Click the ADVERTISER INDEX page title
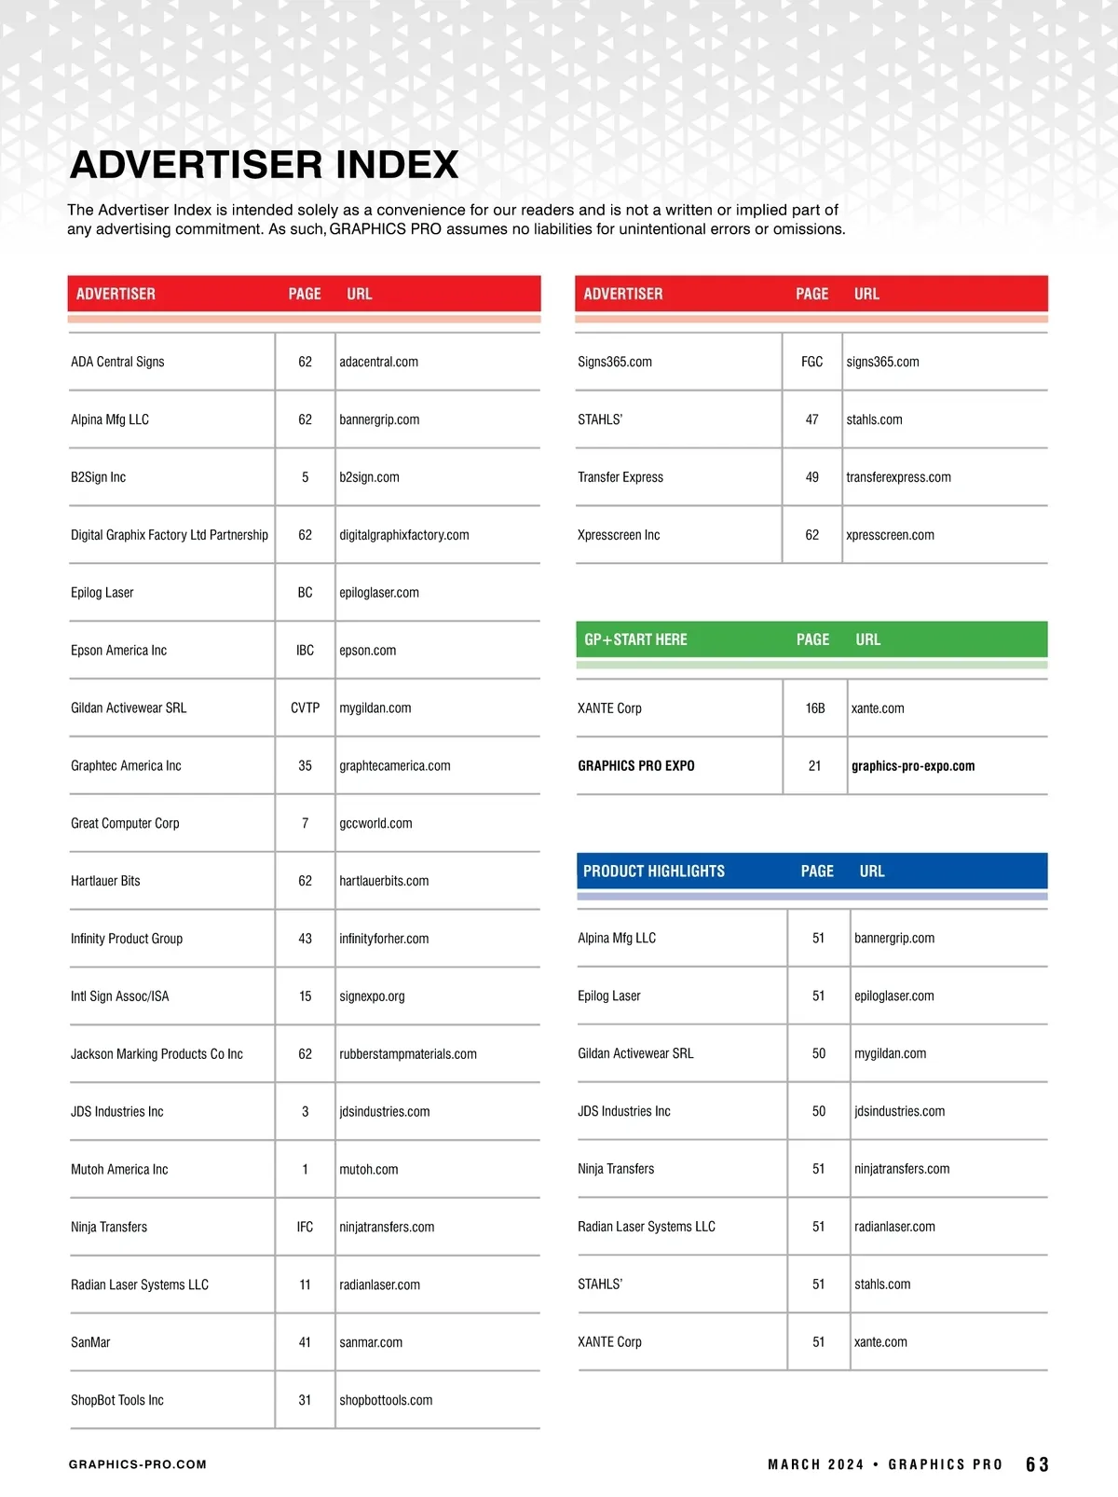[x=264, y=165]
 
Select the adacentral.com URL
[x=378, y=362]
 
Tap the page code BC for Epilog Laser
[x=305, y=593]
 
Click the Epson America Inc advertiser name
[x=118, y=651]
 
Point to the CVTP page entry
[x=305, y=708]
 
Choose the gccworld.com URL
[x=375, y=823]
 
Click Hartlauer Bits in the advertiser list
[x=105, y=881]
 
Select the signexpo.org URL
[x=372, y=996]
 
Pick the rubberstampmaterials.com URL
[x=407, y=1054]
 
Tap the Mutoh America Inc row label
[x=119, y=1170]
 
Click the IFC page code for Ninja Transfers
[x=305, y=1228]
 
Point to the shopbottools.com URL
[x=386, y=1400]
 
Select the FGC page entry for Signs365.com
[x=811, y=362]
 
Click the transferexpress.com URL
[x=898, y=477]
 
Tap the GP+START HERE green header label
[x=635, y=639]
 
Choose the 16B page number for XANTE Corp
[x=815, y=708]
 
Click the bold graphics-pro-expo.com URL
[x=912, y=766]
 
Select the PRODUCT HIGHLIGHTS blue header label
[x=653, y=872]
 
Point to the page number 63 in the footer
[x=1037, y=1464]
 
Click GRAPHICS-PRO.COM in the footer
[x=138, y=1464]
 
